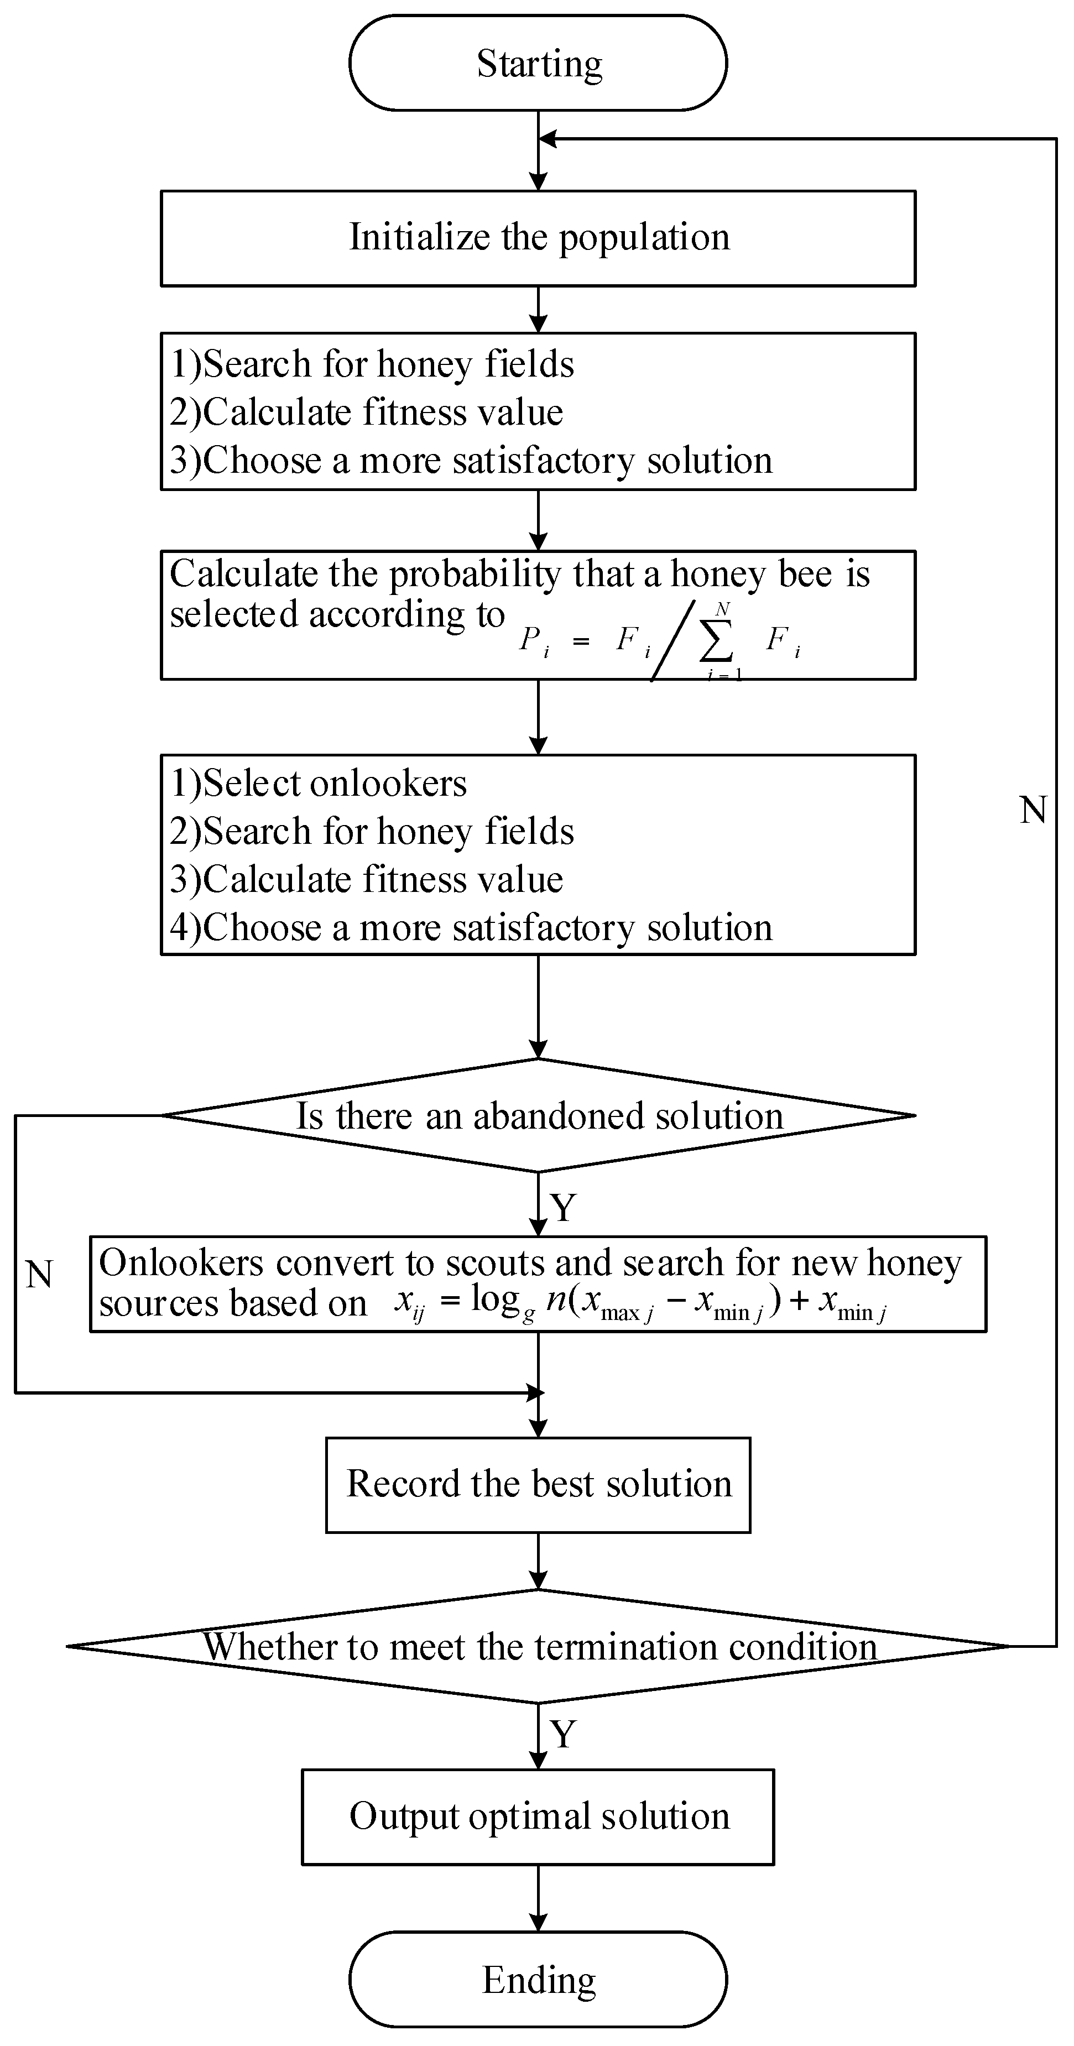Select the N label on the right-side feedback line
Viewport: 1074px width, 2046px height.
point(1033,810)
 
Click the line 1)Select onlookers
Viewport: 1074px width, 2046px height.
point(319,783)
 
